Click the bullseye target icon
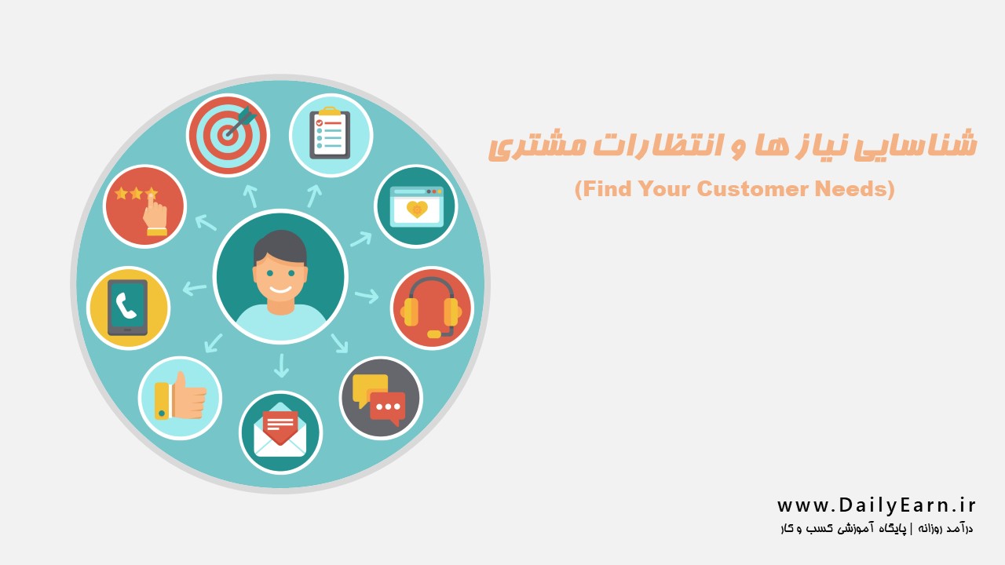click(x=228, y=135)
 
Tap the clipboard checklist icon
click(x=331, y=135)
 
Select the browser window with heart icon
click(x=416, y=206)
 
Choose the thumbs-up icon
click(x=180, y=398)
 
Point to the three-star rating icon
click(x=144, y=206)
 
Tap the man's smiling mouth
click(x=280, y=290)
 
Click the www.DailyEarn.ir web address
click(x=876, y=505)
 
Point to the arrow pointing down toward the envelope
click(x=281, y=366)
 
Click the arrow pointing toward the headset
click(x=367, y=296)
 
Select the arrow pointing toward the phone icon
click(x=195, y=288)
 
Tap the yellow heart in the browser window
click(x=417, y=209)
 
